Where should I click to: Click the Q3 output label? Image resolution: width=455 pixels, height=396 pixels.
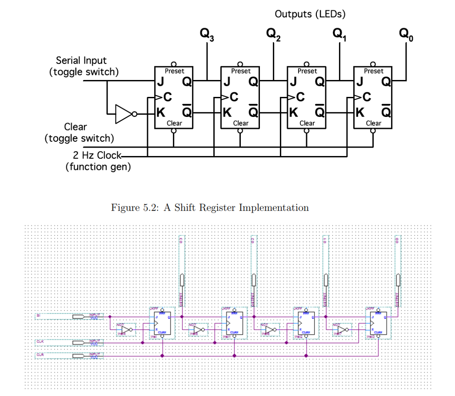coord(207,34)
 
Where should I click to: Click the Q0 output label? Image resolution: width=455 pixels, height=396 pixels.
coord(406,34)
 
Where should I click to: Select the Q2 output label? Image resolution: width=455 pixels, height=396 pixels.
coord(273,34)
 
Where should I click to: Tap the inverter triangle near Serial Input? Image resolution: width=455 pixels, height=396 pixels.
coord(123,114)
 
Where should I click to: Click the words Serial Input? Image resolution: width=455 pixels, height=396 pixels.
coord(81,60)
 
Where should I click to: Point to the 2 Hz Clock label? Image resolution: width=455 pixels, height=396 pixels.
coord(96,155)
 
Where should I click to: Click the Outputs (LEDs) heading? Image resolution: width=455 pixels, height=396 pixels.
coord(310,14)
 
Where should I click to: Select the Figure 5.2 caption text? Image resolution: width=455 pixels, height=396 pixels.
coord(209,207)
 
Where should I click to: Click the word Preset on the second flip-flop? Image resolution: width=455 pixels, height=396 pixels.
coord(240,71)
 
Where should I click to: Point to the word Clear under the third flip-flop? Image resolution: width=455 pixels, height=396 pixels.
coord(307,123)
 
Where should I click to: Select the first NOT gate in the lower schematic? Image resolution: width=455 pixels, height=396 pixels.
coord(126,330)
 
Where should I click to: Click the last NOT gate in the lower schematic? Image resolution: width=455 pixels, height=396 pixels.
coord(342,330)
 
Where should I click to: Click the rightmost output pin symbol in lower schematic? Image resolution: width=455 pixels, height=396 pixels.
coord(398,280)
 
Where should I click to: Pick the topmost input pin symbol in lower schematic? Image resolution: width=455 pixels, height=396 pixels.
coord(78,316)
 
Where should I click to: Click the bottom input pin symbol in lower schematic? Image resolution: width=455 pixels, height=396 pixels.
coord(78,355)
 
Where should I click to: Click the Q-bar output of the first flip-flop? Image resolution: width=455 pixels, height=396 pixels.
coord(187,112)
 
